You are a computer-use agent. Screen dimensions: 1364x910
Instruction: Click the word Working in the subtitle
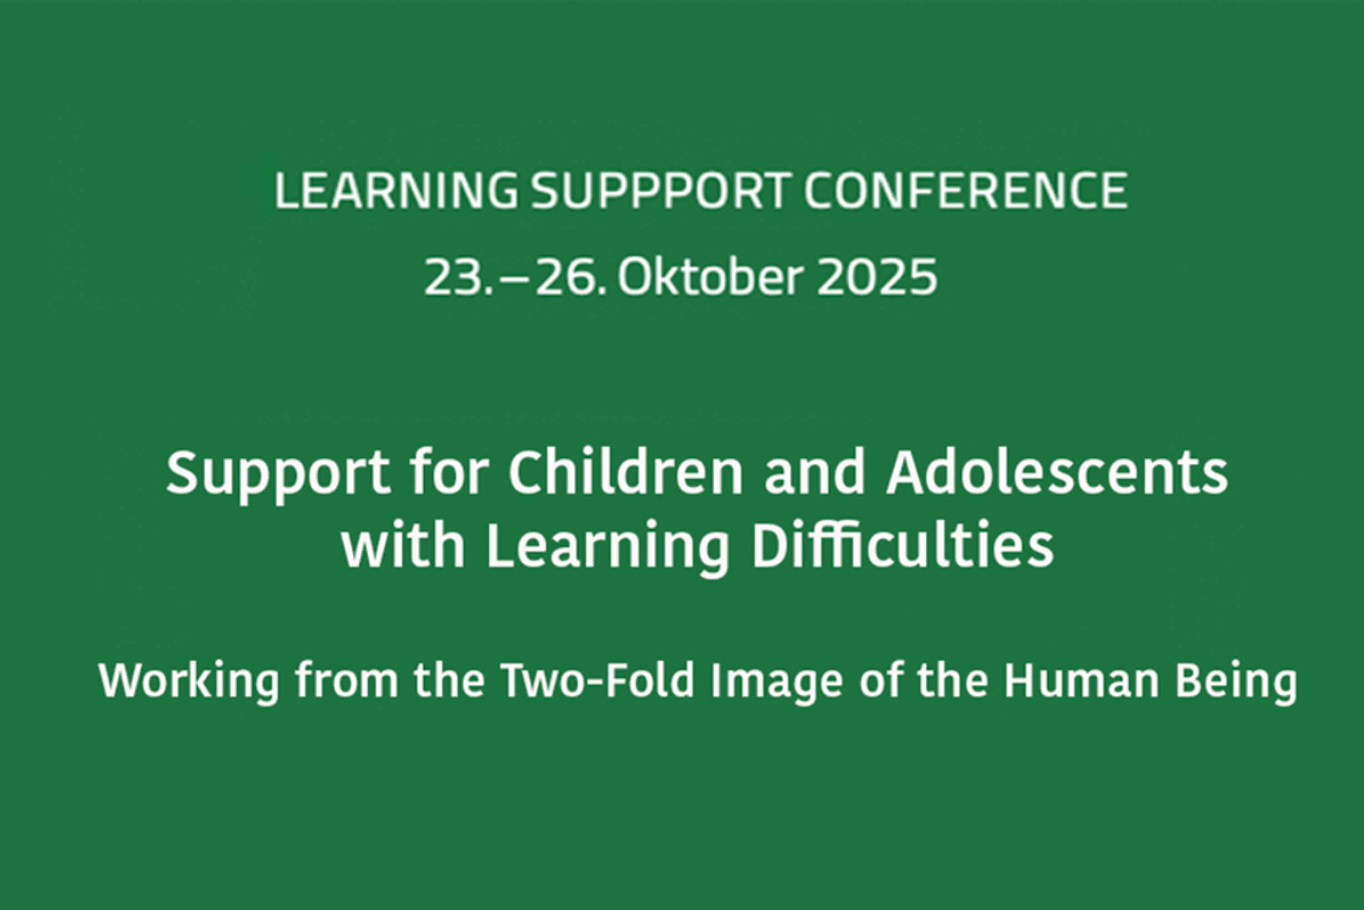point(189,682)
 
